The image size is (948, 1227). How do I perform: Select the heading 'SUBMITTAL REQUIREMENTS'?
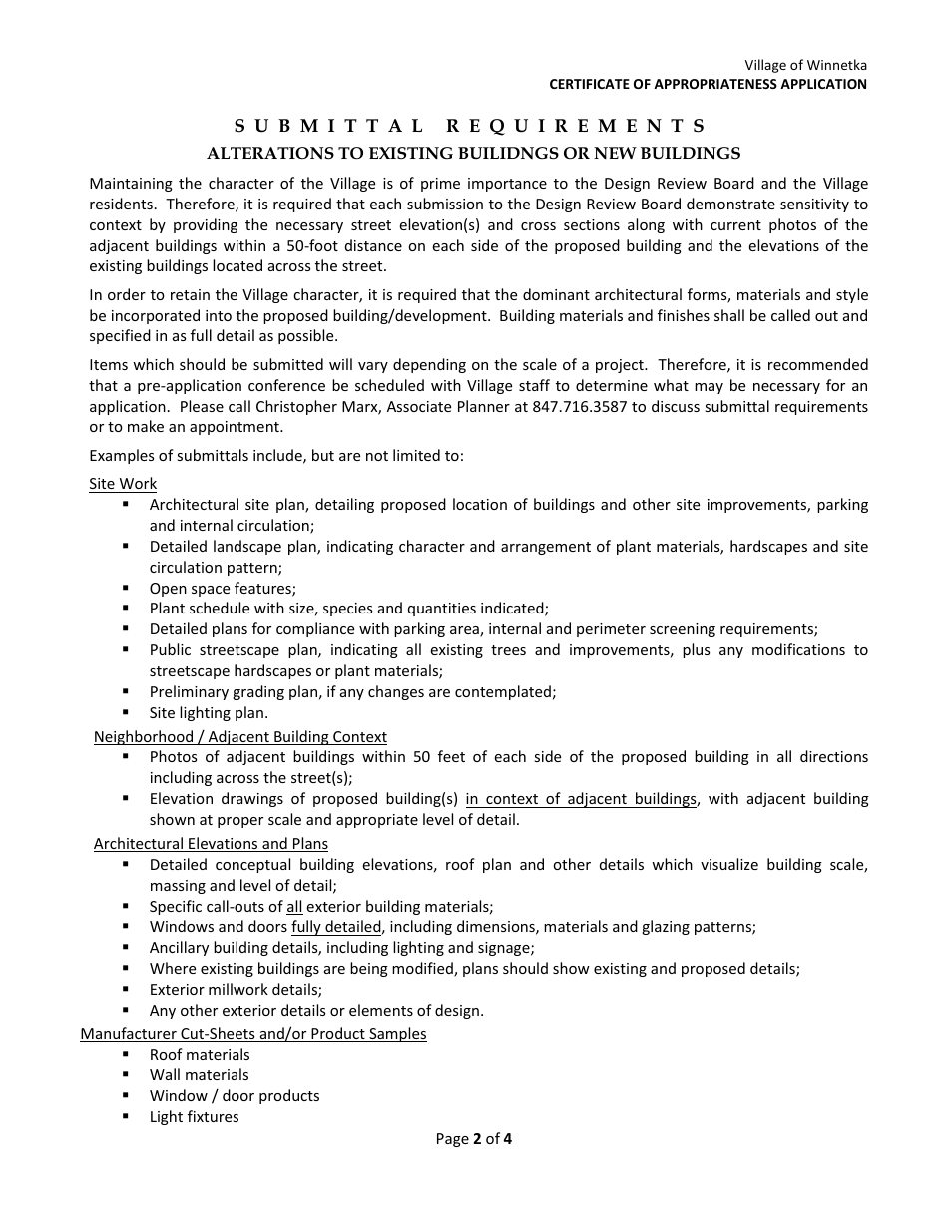(x=471, y=126)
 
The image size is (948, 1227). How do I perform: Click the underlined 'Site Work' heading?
(x=123, y=484)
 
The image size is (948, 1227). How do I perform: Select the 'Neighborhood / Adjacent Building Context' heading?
(x=240, y=737)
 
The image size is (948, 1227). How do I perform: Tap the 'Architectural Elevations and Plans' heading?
(x=211, y=844)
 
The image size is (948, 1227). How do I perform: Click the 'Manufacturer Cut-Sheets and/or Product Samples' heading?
(x=253, y=1034)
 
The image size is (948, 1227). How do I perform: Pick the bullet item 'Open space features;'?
(x=223, y=589)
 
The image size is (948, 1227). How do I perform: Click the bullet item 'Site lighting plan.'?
(x=209, y=713)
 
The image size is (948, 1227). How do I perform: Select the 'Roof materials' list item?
(x=200, y=1055)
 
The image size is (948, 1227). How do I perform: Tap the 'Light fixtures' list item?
(x=195, y=1117)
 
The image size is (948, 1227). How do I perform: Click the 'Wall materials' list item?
(x=200, y=1075)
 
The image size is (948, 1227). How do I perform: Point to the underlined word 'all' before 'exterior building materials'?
(x=294, y=907)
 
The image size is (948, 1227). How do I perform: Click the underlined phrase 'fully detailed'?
(x=336, y=927)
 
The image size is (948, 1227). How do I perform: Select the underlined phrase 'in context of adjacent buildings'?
(x=581, y=799)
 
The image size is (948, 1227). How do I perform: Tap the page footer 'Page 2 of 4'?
(x=474, y=1139)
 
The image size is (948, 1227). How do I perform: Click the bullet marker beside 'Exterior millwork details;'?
(x=127, y=989)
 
